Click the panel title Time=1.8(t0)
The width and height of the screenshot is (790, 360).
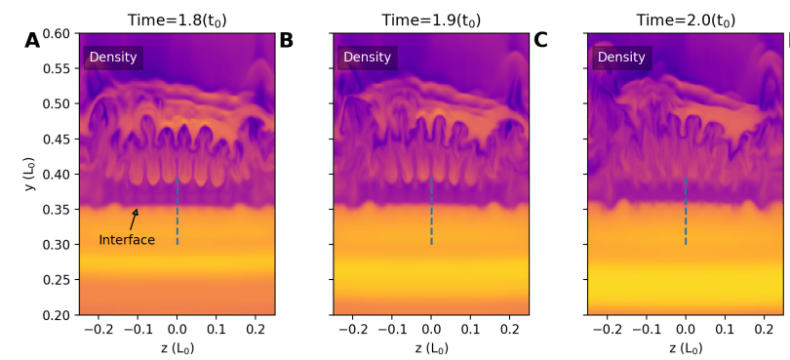point(177,20)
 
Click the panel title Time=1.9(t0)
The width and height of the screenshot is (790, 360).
point(430,20)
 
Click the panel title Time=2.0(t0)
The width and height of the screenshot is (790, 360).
point(685,20)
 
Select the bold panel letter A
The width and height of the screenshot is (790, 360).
point(32,41)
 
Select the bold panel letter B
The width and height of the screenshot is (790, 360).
point(286,41)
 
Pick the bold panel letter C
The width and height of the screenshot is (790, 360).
point(540,41)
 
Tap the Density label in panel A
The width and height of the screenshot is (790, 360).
point(113,58)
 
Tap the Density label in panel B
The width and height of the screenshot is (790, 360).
point(367,58)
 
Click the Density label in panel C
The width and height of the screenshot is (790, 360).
point(621,58)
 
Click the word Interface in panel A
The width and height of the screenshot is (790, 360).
point(127,240)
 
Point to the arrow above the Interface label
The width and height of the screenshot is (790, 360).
point(134,220)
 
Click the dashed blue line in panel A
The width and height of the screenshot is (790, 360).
point(178,211)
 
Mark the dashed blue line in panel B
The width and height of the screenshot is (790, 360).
point(431,211)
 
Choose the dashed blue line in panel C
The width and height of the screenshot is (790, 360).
point(686,211)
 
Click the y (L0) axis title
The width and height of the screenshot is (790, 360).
point(30,175)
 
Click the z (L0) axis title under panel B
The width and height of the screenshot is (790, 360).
point(430,348)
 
